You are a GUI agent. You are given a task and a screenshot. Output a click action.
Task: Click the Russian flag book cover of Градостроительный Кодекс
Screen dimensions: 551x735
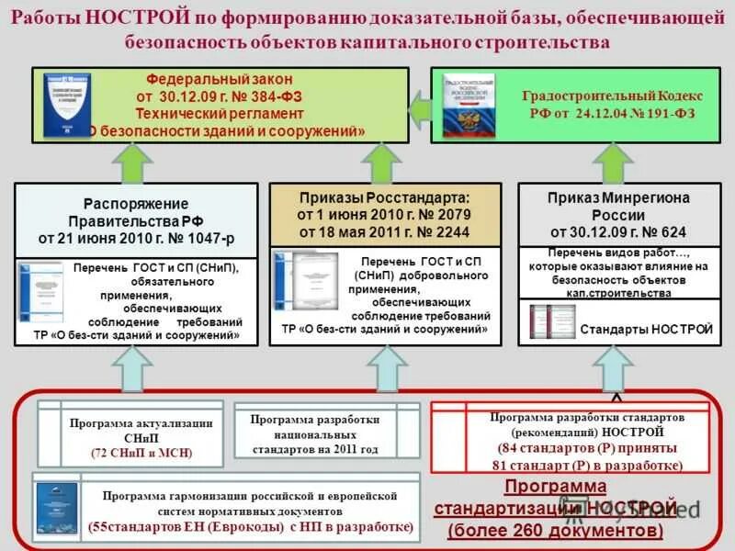[468, 104]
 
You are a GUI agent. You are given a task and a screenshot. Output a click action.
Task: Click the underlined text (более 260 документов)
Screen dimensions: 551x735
[555, 530]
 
